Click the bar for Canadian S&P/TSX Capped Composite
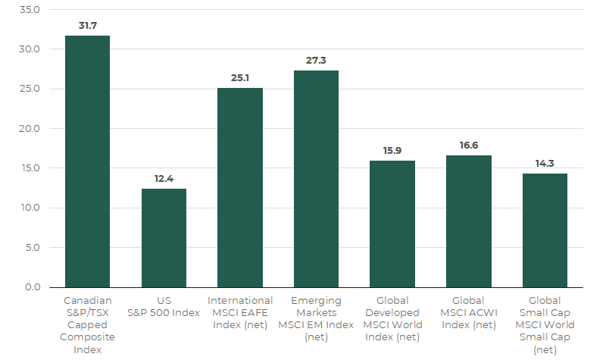click(x=87, y=161)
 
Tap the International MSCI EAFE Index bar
click(x=240, y=187)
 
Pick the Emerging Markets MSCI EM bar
click(x=316, y=179)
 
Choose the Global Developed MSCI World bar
click(x=392, y=224)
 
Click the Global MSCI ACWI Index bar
click(x=469, y=221)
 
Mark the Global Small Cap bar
click(x=545, y=230)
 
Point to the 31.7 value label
click(x=87, y=26)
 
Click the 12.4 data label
click(x=164, y=178)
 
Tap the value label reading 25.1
click(x=240, y=78)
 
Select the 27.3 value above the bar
click(x=316, y=61)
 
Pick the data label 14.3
click(x=545, y=163)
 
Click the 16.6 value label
click(x=469, y=145)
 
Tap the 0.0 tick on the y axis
click(x=31, y=287)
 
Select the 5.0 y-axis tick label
click(x=31, y=248)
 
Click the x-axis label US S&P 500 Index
click(x=164, y=307)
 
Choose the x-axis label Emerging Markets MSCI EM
click(x=316, y=319)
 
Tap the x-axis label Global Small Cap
click(x=545, y=325)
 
